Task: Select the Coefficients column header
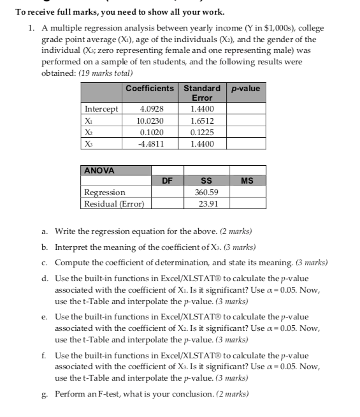tap(150, 88)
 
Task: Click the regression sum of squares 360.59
tap(206, 192)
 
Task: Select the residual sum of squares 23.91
tap(206, 203)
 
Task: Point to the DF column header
tap(167, 181)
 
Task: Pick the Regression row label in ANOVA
tap(105, 192)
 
